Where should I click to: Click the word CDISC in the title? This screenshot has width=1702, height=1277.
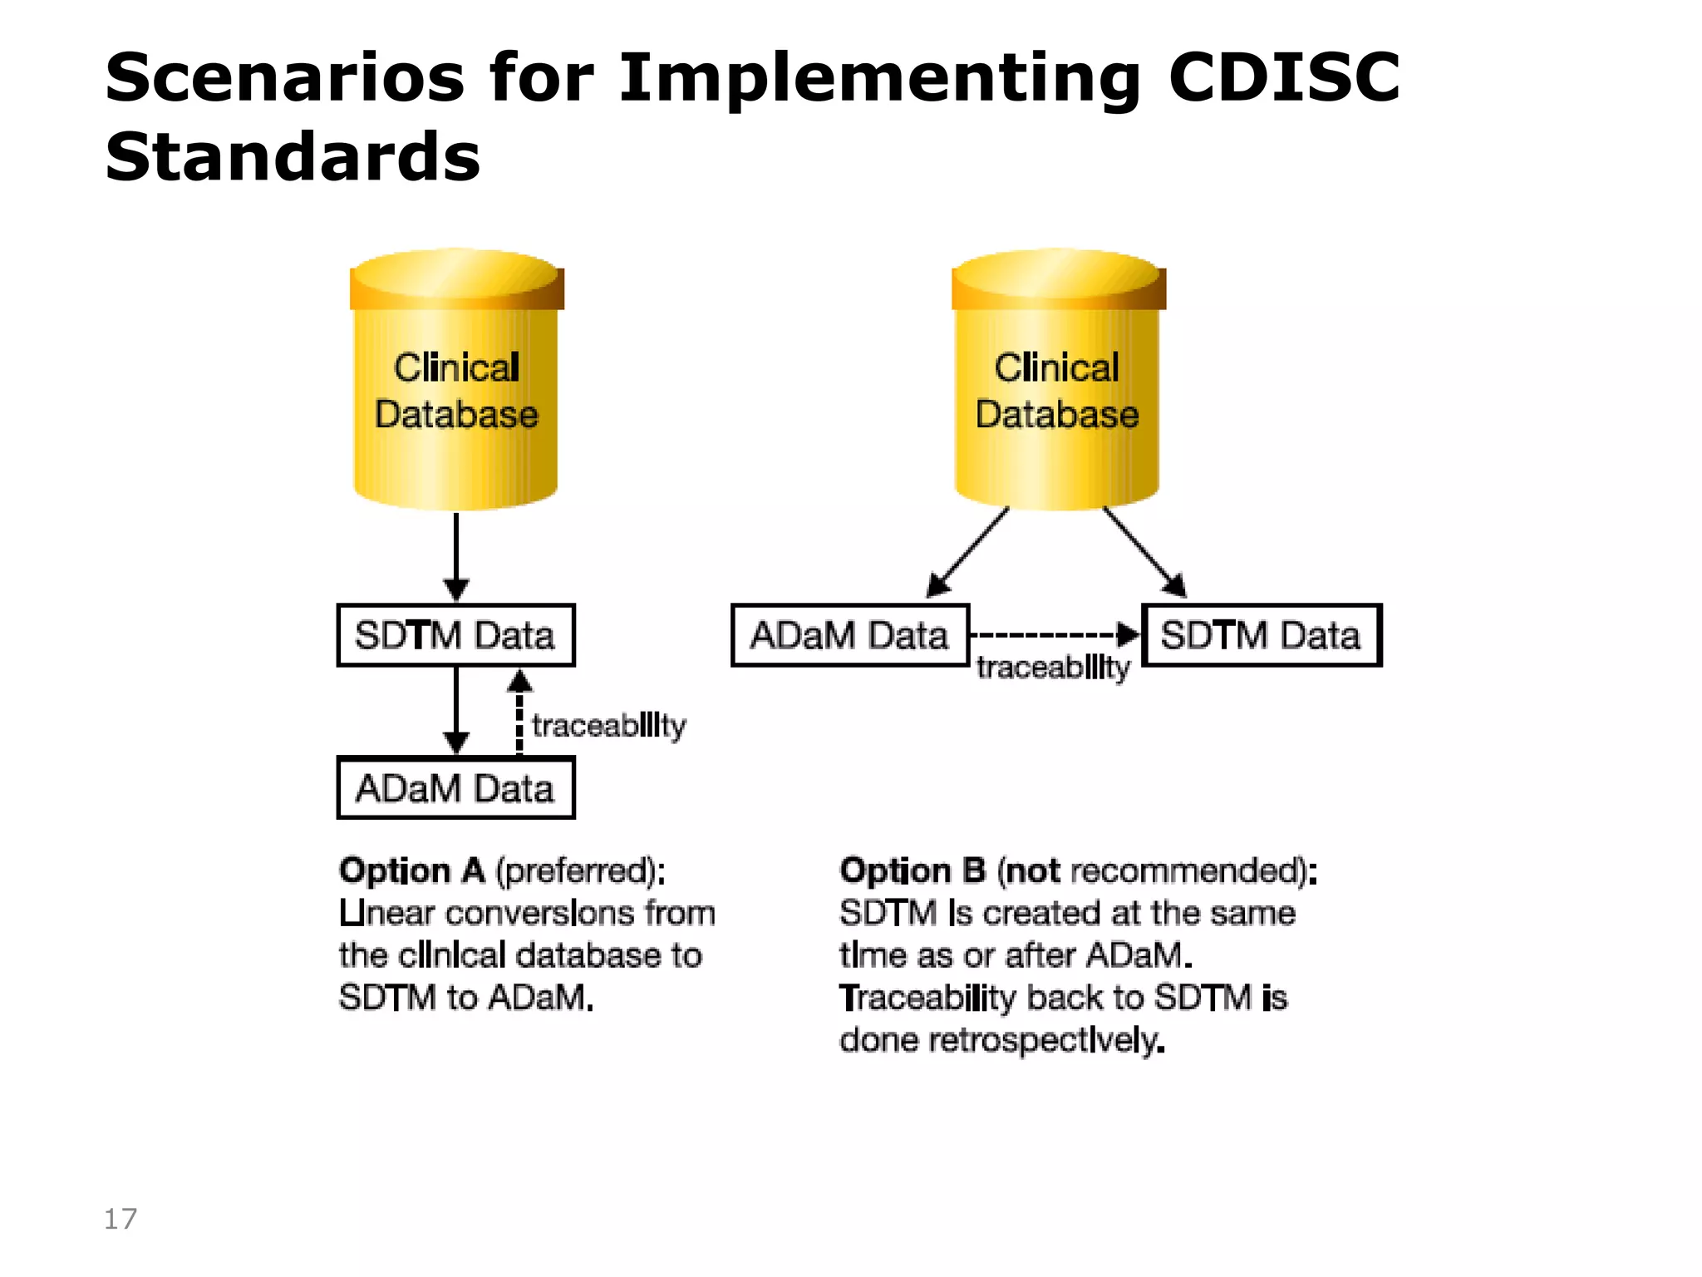1284,77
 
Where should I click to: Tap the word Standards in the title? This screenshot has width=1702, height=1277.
293,156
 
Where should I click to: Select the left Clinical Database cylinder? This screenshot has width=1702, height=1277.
456,382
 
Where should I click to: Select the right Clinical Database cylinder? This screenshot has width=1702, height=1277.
1057,382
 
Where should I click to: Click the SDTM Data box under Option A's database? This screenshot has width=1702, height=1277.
455,635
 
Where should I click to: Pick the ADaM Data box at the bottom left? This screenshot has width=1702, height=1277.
455,788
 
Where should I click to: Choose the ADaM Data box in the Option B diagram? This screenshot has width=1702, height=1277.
849,635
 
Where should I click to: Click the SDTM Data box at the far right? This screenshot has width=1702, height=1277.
1261,635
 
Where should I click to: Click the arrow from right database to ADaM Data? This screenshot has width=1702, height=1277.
968,552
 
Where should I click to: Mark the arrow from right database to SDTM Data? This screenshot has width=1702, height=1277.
1144,552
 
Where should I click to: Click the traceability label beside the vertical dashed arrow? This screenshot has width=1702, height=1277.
609,726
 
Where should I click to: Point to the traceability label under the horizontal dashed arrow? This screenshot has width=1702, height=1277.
1053,668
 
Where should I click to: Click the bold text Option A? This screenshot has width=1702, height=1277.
412,870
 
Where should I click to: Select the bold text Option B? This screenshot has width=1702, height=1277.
912,870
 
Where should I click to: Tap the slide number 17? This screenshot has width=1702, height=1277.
121,1219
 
